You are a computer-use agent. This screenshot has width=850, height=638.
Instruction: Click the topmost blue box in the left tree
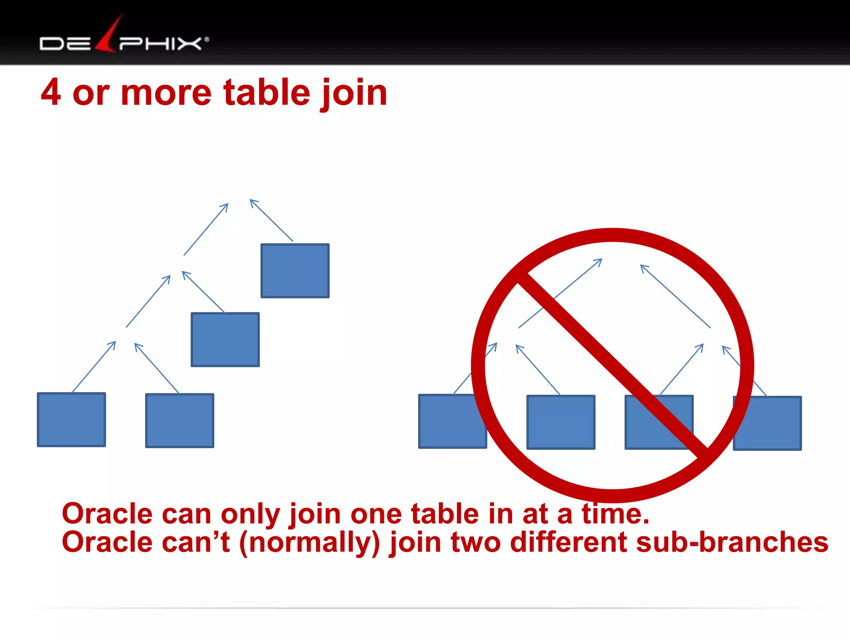[295, 271]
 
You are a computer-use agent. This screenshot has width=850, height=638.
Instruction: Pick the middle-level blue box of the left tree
[225, 340]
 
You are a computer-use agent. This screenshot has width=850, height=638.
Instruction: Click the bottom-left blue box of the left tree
[71, 420]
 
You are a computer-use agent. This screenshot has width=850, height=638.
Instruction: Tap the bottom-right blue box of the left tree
[180, 420]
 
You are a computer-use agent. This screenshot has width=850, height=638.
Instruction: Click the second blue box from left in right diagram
[561, 422]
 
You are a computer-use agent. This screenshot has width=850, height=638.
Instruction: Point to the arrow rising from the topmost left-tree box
[271, 220]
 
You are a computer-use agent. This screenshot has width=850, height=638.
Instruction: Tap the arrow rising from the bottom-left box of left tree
[94, 366]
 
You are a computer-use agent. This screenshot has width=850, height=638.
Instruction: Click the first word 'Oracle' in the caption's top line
[107, 514]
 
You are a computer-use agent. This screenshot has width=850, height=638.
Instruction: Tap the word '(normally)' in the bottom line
[310, 542]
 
